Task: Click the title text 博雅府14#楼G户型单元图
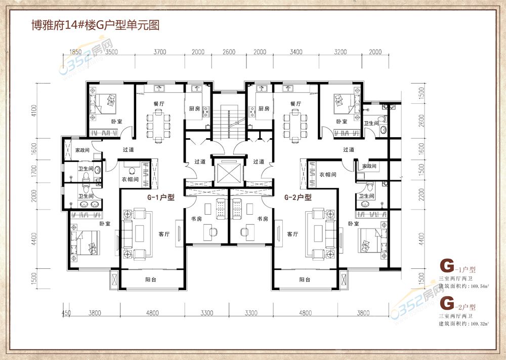[x=96, y=24]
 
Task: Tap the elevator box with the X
[x=229, y=173]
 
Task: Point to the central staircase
[x=229, y=122]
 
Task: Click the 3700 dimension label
[x=160, y=52]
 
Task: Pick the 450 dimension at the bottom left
[x=66, y=312]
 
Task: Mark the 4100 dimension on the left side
[x=34, y=110]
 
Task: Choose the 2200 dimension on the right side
[x=421, y=194]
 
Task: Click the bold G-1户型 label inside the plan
[x=161, y=197]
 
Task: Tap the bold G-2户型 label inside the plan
[x=298, y=197]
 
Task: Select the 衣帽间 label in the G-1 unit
[x=130, y=179]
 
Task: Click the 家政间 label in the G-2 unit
[x=369, y=166]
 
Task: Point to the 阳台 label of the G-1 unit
[x=151, y=279]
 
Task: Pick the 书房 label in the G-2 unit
[x=263, y=219]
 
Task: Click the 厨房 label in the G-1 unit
[x=194, y=108]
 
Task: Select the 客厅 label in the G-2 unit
[x=292, y=234]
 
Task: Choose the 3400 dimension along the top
[x=296, y=52]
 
